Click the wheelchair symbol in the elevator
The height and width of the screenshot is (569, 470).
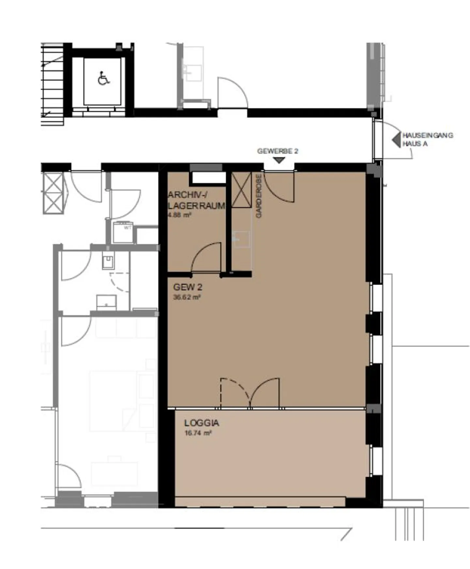pos(103,78)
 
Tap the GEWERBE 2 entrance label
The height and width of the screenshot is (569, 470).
pos(277,151)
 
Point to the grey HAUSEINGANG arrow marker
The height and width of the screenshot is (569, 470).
pos(396,140)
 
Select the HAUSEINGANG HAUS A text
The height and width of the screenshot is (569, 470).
pos(427,139)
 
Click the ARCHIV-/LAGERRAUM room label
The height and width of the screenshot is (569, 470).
pos(196,200)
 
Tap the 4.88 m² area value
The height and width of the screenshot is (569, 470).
pos(179,215)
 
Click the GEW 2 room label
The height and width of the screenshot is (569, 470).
pos(188,287)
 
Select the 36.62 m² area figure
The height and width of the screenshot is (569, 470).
pos(187,297)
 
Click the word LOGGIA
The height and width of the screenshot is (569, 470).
pos(201,423)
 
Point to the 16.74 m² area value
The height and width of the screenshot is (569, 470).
pos(198,433)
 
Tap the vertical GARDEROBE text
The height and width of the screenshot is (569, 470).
pos(259,196)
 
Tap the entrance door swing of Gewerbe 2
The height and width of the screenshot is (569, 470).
pos(279,187)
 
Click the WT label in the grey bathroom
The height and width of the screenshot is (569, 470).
pos(127,228)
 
